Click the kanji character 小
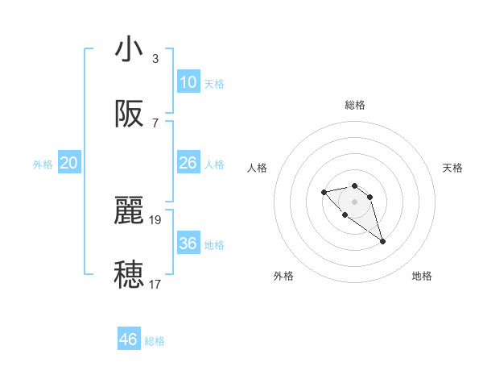[x=129, y=49]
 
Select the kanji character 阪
[x=129, y=115]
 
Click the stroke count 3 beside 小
[x=155, y=58]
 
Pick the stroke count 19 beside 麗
[x=156, y=219]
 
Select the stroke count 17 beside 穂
[x=156, y=284]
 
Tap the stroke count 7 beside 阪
[x=155, y=123]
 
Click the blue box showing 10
[x=188, y=81]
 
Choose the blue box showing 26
[x=188, y=163]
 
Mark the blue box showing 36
[x=188, y=244]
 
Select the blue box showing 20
[x=69, y=163]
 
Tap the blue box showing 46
[x=129, y=339]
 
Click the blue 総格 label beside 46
[x=155, y=341]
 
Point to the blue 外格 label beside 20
[x=43, y=165]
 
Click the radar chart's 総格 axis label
[x=355, y=105]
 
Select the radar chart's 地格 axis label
[x=422, y=276]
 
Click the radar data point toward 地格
[x=382, y=241]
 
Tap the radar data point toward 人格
[x=324, y=192]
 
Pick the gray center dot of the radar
[x=354, y=201]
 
